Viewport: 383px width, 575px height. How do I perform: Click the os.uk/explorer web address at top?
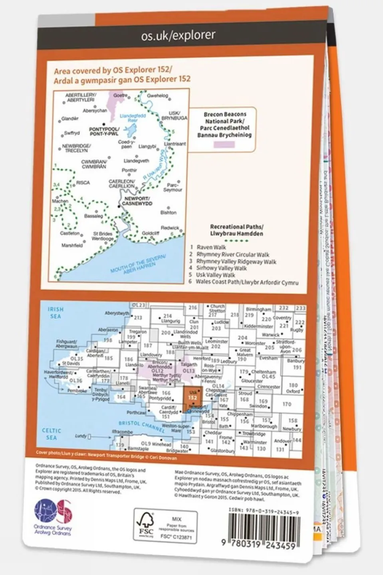[x=178, y=36]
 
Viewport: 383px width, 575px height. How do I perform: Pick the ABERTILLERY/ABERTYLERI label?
[x=80, y=97]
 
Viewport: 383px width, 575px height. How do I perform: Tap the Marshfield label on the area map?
[x=72, y=245]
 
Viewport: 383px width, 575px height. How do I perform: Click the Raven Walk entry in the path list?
[x=211, y=247]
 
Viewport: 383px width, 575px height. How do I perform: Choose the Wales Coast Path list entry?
[x=247, y=282]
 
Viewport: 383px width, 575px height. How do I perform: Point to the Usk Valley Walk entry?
[x=215, y=275]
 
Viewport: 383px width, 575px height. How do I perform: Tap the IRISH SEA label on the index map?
[x=56, y=312]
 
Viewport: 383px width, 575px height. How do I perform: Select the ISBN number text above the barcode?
[x=264, y=511]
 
